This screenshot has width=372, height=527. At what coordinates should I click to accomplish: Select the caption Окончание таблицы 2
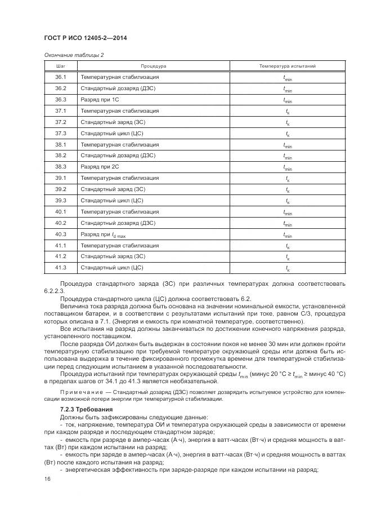coord(74,55)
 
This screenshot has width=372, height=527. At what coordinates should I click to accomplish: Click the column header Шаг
coord(61,66)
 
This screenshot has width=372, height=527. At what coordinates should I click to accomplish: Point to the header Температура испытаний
coord(287,66)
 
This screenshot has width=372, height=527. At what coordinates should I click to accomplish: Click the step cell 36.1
coord(61,77)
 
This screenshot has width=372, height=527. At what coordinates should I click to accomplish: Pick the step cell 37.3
coord(61,133)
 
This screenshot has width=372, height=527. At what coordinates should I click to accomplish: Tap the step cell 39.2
coord(61,189)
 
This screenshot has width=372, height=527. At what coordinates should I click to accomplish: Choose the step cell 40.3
coord(61,234)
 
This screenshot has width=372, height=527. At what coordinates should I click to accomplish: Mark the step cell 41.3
coord(61,268)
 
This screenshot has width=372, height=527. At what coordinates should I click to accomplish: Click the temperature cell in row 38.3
coord(287,167)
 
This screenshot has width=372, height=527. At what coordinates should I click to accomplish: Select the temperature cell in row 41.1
coord(287,246)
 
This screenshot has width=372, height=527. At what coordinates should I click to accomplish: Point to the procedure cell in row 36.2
coord(118,88)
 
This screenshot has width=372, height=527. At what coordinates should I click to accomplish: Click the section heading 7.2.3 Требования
coord(86,408)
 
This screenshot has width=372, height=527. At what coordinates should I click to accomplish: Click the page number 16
coord(47,479)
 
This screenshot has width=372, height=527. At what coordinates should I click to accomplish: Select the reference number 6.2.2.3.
coord(53,291)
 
